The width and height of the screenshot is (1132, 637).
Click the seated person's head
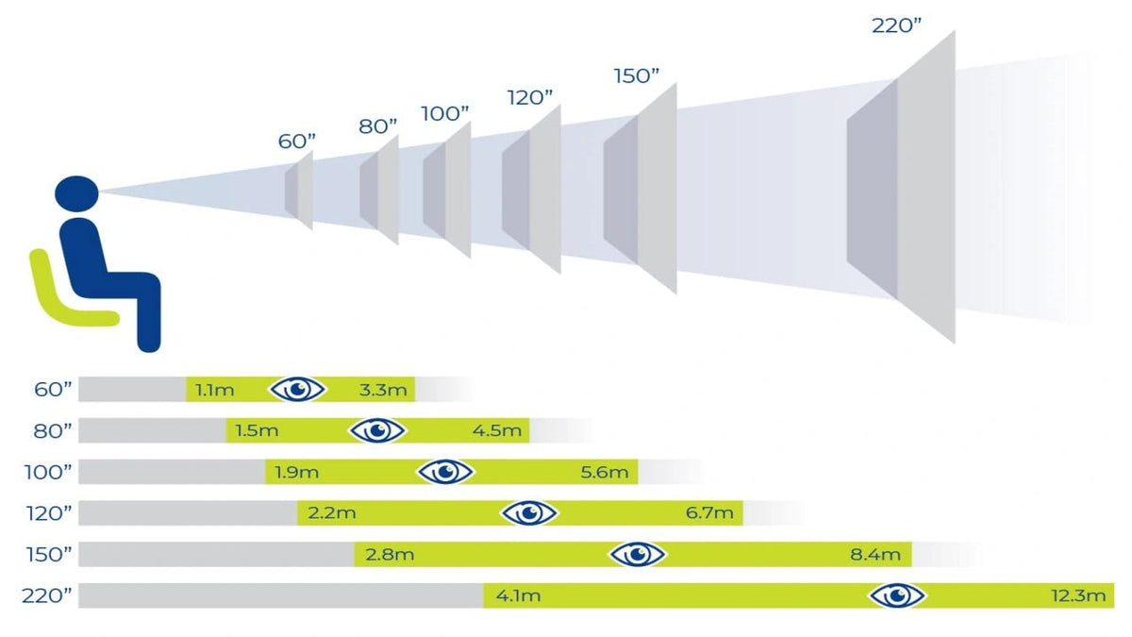[76, 193]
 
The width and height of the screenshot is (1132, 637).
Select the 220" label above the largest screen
[896, 25]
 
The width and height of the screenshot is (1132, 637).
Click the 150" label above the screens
[636, 76]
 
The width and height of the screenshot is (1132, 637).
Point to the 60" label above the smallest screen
[296, 142]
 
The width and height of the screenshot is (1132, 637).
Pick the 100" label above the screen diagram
[444, 114]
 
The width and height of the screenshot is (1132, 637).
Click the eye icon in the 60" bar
[297, 389]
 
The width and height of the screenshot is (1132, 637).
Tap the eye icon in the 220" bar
[897, 595]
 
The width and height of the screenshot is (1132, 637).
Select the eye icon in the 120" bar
[529, 513]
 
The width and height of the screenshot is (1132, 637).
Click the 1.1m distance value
[215, 391]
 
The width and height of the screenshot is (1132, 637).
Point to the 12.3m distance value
[1078, 596]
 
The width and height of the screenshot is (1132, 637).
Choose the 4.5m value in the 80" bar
[497, 431]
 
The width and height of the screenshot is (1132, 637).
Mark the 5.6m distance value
[605, 473]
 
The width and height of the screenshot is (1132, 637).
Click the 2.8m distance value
[390, 555]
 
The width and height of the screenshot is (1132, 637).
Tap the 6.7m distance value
[709, 513]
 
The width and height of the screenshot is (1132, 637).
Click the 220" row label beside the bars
[46, 596]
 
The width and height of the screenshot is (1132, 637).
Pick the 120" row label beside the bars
[49, 514]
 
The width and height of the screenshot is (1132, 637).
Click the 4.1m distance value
[518, 596]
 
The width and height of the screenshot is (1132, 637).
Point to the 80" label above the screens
[378, 126]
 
